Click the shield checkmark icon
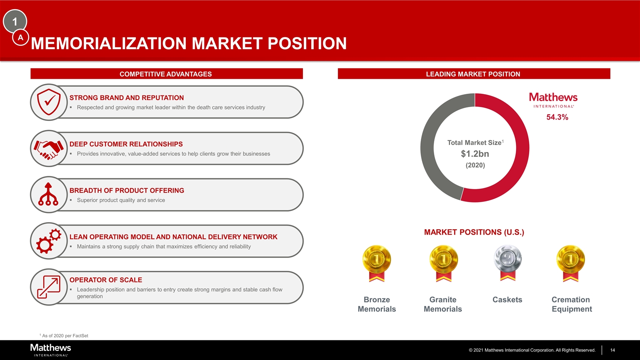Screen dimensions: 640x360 pos(49,102)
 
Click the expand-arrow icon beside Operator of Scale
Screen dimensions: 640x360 pos(49,287)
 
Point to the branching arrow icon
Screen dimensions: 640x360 pos(48,194)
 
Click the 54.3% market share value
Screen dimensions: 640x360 pos(557,117)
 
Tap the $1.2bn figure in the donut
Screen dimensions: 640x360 pos(475,154)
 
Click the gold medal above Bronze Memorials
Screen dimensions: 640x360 pos(377,263)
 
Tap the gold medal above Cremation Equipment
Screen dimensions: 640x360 pos(570,263)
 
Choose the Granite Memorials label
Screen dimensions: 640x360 pos(443,304)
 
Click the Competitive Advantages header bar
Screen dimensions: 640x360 pos(167,74)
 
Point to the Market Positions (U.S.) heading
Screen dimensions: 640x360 pos(474,232)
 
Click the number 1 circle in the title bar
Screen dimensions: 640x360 pos(15,21)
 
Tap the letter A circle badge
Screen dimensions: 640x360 pos(20,37)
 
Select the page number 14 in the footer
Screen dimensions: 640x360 pos(612,350)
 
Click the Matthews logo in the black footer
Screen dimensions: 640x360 pos(50,350)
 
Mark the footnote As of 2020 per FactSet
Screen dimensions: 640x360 pos(64,336)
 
